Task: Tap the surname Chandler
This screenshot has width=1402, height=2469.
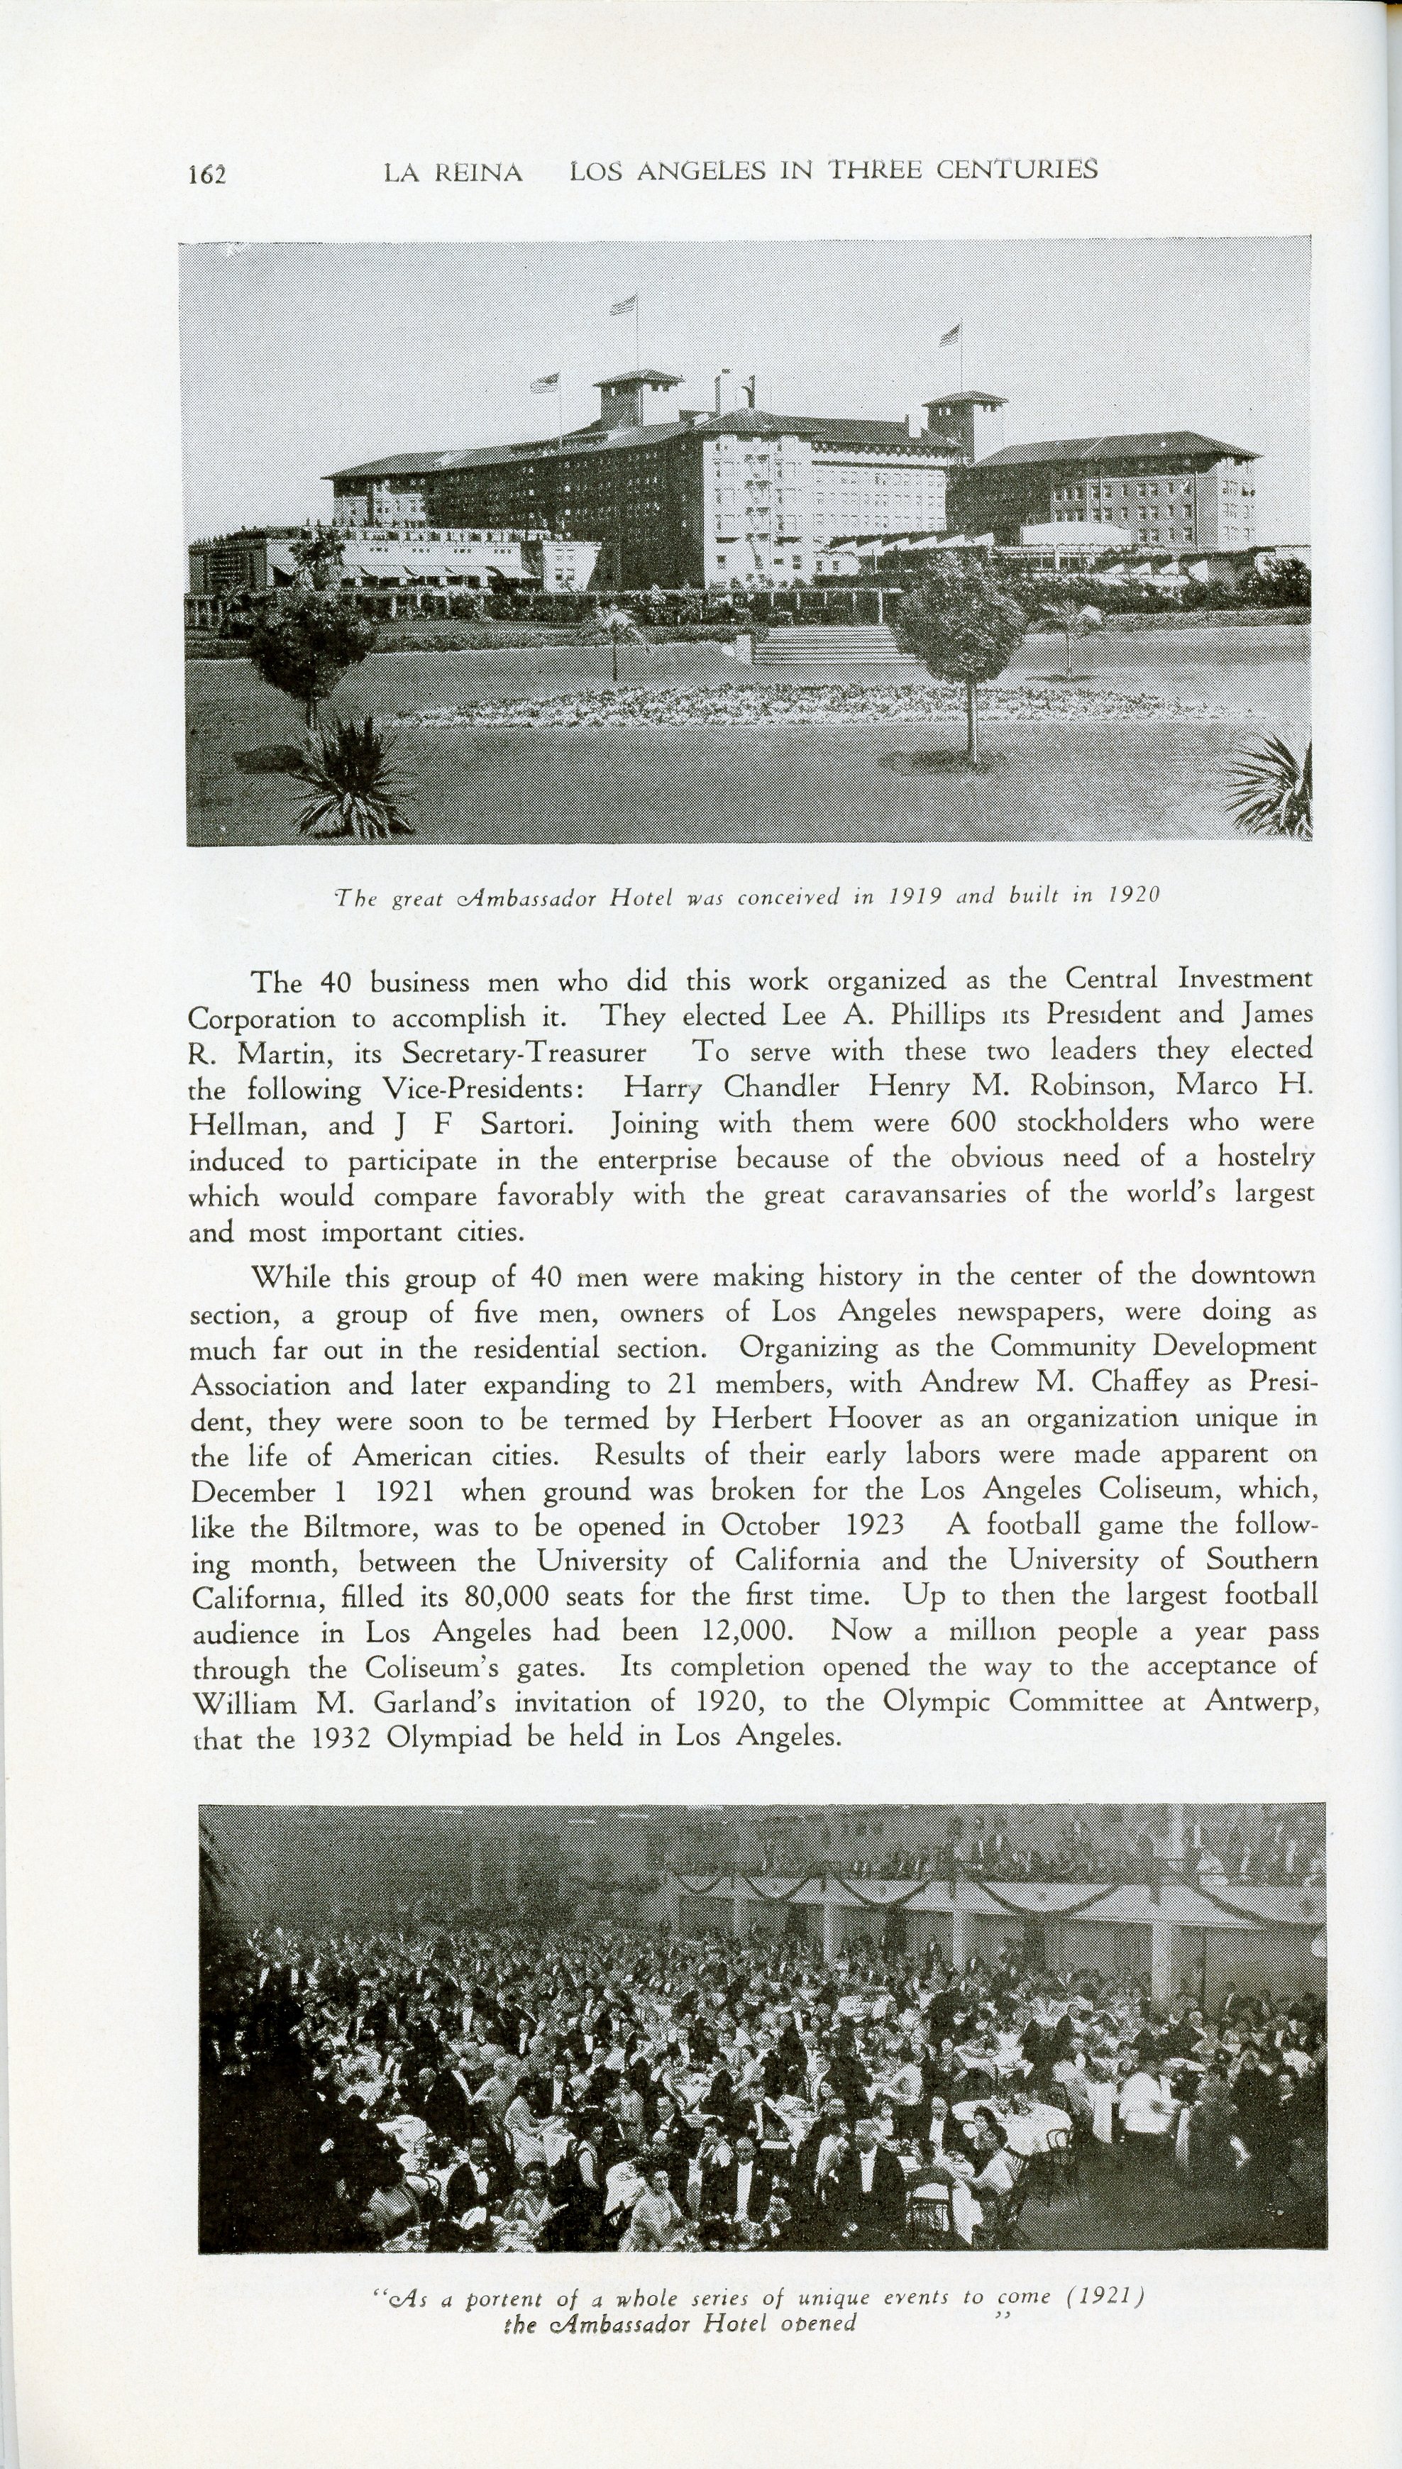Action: tap(781, 1088)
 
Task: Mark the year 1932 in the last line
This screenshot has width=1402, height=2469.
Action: tap(346, 1738)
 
